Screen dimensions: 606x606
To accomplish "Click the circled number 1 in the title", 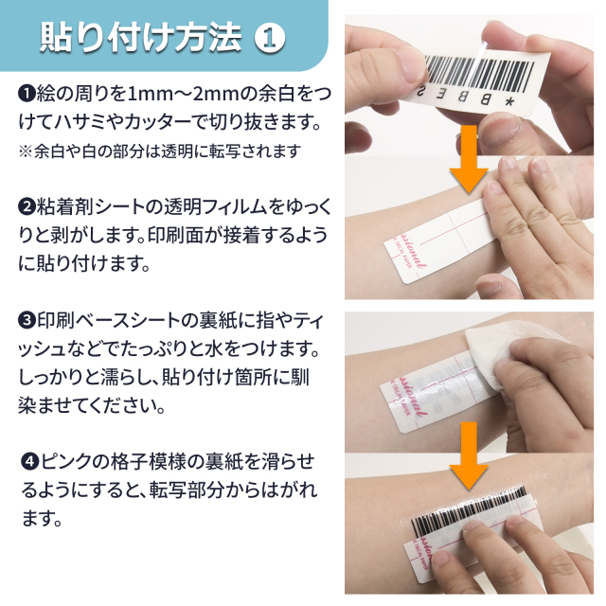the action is (x=270, y=38).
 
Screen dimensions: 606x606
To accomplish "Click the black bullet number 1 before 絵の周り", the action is (x=27, y=94).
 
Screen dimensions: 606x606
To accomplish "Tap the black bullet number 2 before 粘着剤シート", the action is (x=27, y=207).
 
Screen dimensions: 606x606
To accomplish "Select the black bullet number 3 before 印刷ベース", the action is (x=27, y=320).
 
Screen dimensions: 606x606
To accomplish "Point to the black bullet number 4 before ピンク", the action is (x=30, y=462).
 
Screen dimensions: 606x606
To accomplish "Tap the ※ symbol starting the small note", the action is (x=26, y=151).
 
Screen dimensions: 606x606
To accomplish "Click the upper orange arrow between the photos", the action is (x=469, y=159).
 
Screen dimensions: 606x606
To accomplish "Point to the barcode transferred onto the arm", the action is (x=470, y=509).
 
